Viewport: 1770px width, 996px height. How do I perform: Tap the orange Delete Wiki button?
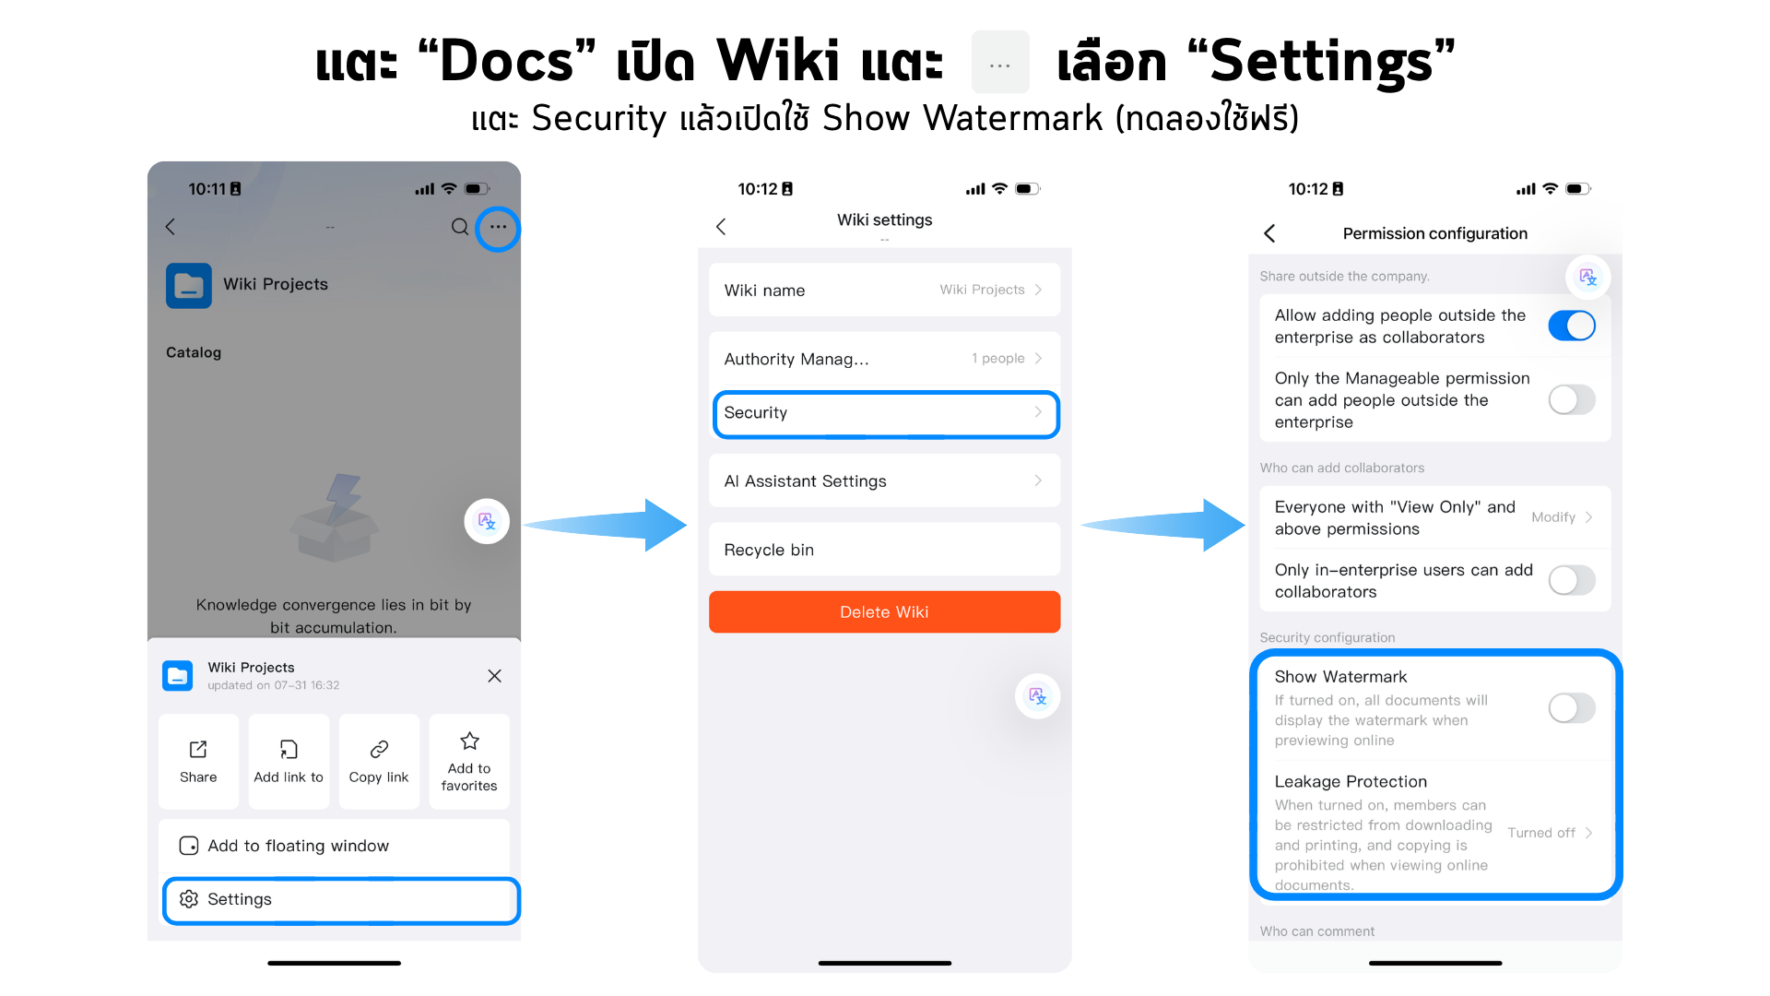[884, 611]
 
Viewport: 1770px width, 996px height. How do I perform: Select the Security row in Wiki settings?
[885, 412]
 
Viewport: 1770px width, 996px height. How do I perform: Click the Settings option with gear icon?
[340, 899]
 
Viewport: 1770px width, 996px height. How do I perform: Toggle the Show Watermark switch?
[1572, 708]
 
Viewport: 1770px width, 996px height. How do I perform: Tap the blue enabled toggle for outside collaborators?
[1572, 326]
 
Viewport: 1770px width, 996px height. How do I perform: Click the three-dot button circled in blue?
[498, 227]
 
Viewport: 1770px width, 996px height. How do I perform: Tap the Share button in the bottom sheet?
[198, 762]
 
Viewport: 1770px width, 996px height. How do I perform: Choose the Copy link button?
[379, 762]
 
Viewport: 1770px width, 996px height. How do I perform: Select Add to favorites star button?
[469, 762]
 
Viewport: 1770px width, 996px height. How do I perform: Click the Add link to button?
[289, 762]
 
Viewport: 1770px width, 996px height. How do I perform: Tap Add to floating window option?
[334, 846]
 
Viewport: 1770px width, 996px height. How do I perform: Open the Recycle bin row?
[884, 550]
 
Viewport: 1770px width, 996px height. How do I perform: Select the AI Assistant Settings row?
[884, 480]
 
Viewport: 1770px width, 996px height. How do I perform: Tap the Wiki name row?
[884, 290]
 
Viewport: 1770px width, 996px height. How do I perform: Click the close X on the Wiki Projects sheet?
[495, 676]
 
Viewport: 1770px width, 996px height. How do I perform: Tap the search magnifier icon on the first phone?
[460, 227]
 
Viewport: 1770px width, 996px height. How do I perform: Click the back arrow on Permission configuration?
[1269, 233]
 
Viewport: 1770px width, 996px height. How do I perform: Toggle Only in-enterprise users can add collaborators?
[1572, 580]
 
